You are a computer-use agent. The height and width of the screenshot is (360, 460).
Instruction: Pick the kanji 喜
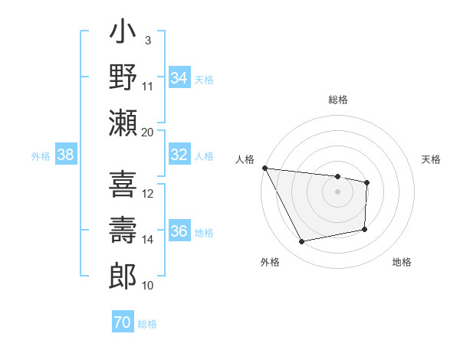click(123, 184)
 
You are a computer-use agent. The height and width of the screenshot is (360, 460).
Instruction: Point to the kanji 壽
click(123, 229)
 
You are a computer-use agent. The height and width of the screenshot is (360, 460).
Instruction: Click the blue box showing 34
click(179, 77)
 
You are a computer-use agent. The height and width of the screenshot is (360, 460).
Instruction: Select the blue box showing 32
click(179, 155)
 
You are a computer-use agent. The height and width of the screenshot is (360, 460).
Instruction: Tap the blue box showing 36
click(179, 231)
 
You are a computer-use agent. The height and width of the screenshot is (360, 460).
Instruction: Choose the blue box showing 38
click(66, 155)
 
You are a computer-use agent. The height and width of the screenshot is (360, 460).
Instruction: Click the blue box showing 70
click(122, 322)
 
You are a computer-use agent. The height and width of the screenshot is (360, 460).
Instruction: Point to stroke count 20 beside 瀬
click(148, 132)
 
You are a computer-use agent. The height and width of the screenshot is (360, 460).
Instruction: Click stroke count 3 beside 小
click(147, 40)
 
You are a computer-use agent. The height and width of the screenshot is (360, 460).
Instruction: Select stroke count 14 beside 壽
click(148, 240)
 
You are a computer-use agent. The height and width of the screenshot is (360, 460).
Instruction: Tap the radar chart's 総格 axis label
click(337, 100)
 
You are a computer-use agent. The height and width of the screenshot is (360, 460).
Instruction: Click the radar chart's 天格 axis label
click(432, 159)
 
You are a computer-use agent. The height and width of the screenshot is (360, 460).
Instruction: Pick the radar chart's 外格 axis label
click(270, 262)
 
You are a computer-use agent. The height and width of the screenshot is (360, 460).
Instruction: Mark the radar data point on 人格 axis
click(264, 168)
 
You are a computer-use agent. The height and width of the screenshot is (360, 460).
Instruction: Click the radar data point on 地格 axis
click(365, 229)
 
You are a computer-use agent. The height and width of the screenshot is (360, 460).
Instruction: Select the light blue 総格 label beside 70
click(147, 324)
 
